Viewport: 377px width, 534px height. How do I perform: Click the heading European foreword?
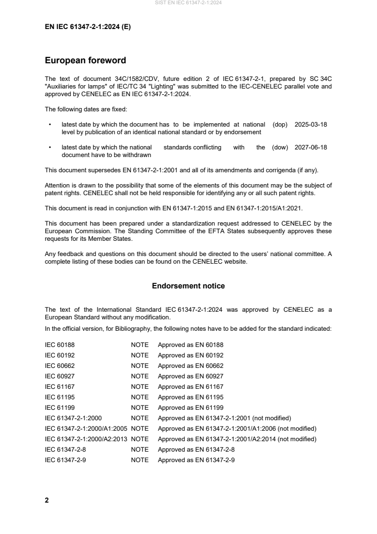point(85,60)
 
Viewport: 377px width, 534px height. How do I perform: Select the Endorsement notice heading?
point(188,286)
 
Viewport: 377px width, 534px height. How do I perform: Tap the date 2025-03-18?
point(311,124)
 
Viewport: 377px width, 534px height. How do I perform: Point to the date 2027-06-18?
point(311,147)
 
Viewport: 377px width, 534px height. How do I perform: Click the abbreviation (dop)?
point(280,124)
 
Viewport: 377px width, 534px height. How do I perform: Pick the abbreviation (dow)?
point(280,147)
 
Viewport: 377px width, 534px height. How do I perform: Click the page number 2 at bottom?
point(47,500)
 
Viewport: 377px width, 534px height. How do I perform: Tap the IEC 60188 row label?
point(59,345)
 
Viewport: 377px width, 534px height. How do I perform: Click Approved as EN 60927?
point(191,376)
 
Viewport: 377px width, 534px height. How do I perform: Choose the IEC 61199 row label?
point(59,407)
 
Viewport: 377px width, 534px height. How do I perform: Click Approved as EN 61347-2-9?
point(196,460)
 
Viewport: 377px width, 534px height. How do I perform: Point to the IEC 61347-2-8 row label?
point(65,449)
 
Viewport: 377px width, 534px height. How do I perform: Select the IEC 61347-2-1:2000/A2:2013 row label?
point(86,439)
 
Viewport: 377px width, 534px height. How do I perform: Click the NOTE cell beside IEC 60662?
point(140,366)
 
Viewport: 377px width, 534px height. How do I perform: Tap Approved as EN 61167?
point(191,386)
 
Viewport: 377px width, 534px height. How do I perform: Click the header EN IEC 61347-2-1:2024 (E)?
point(87,27)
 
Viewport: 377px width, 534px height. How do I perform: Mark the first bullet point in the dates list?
point(50,125)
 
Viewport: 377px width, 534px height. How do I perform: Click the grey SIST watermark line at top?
point(188,3)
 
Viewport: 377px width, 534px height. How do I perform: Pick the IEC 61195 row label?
point(59,397)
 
